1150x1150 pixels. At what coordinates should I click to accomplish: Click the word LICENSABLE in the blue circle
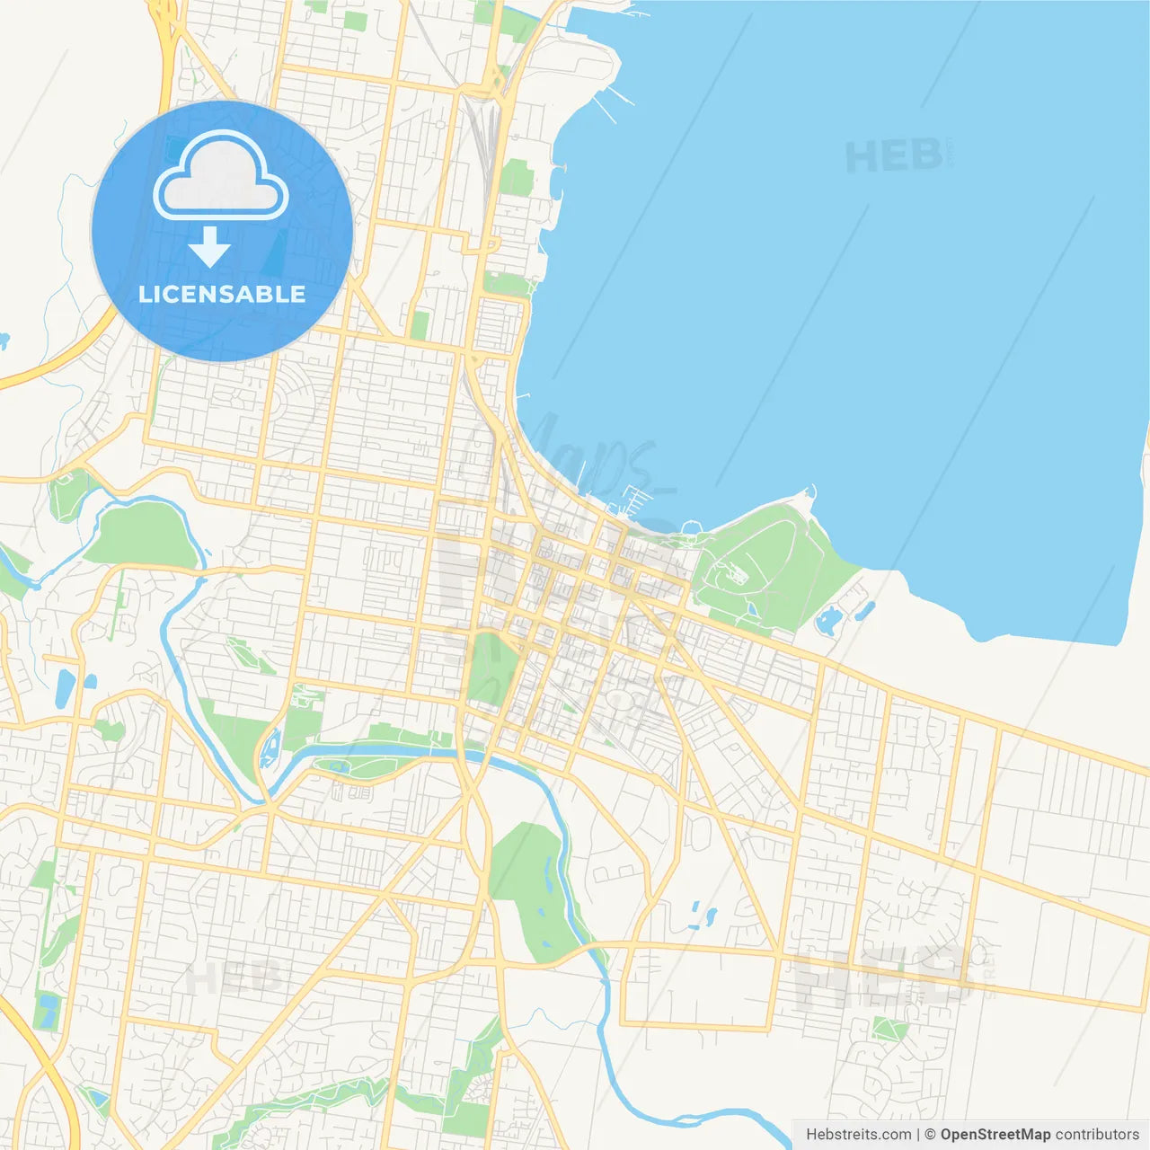point(222,294)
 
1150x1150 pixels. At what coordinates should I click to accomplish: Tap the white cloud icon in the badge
point(220,177)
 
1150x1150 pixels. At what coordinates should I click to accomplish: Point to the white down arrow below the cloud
point(209,247)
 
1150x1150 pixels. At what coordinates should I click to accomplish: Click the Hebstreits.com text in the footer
point(859,1135)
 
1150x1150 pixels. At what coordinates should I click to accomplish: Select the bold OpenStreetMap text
point(995,1135)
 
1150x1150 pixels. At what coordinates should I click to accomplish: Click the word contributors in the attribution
point(1097,1135)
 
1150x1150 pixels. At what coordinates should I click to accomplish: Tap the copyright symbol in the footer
point(930,1135)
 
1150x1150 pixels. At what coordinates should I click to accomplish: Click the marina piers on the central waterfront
point(636,500)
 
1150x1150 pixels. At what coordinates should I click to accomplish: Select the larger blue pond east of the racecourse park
point(830,620)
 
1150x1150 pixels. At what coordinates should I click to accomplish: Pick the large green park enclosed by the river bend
point(142,535)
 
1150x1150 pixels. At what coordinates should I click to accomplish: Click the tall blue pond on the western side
point(65,688)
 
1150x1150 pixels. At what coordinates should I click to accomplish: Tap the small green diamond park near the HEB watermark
point(889,1030)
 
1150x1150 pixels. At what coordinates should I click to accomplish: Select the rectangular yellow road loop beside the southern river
point(697,988)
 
